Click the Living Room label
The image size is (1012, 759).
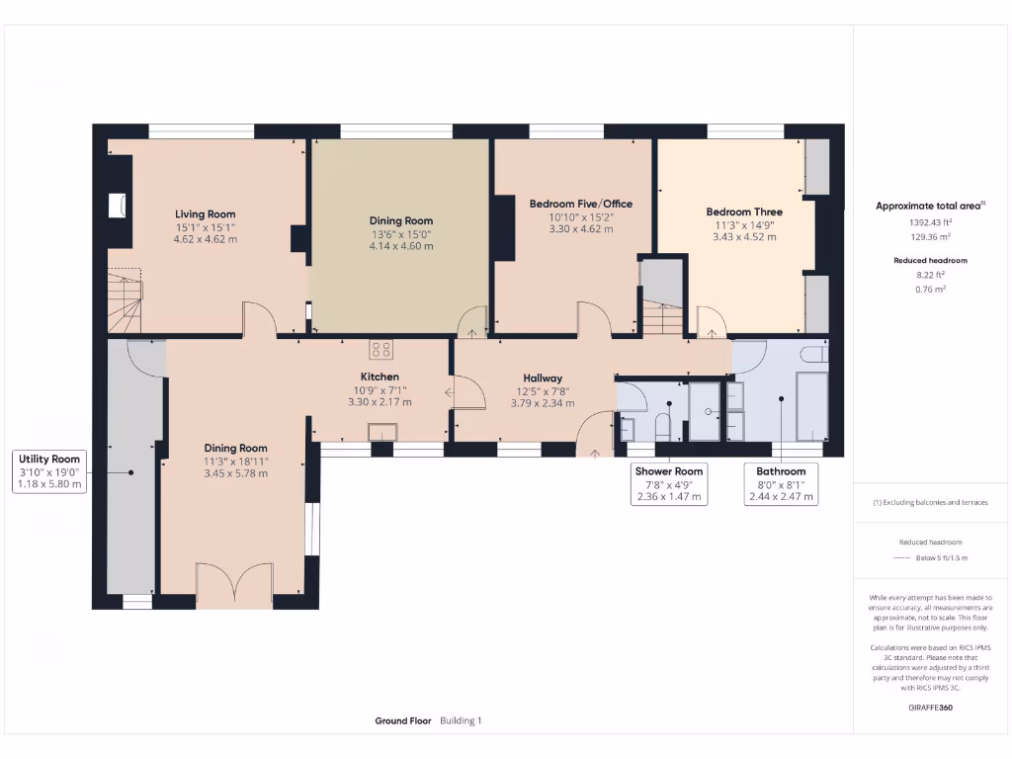point(206,214)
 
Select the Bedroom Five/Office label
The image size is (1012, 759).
point(580,205)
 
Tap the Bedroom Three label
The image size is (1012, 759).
point(744,211)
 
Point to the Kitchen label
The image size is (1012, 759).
point(379,378)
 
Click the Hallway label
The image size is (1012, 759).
point(543,379)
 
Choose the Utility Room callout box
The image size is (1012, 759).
point(50,471)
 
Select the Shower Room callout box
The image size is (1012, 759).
point(669,484)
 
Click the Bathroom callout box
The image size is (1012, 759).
point(781,484)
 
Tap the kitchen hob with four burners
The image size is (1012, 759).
point(381,349)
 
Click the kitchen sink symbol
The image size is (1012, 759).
point(381,431)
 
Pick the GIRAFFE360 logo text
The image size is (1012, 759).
point(931,708)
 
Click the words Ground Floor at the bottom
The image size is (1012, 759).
point(403,721)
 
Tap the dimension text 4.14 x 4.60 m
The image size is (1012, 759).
point(401,246)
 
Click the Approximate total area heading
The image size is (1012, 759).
point(930,206)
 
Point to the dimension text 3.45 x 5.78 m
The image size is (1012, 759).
point(235,473)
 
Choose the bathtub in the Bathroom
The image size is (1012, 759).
point(811,405)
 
